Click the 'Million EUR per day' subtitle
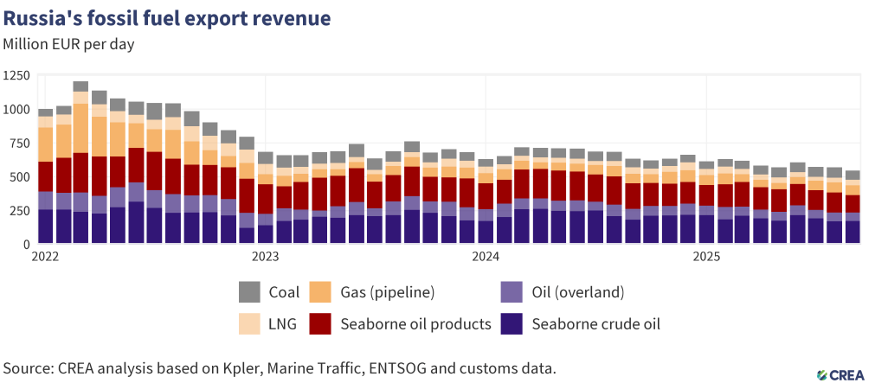[68, 42]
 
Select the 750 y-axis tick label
[19, 144]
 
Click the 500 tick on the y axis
[19, 177]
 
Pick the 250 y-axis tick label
[19, 211]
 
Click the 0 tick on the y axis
[26, 245]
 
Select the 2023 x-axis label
[265, 257]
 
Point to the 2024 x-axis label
[486, 257]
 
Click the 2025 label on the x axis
[707, 257]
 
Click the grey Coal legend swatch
[250, 292]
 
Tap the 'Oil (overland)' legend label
[578, 292]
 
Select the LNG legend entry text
[282, 324]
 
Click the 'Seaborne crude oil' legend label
[595, 324]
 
